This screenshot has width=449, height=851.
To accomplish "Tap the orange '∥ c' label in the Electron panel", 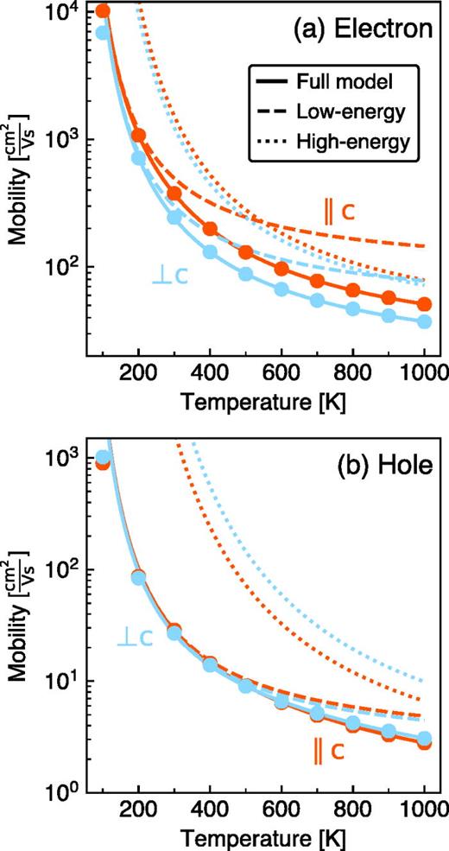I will point(341,211).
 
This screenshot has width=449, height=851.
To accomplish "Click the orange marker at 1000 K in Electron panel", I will point(424,305).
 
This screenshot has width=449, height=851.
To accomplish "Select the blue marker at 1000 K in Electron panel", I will point(424,321).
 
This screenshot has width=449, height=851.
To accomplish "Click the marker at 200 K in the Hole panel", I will point(138,577).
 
